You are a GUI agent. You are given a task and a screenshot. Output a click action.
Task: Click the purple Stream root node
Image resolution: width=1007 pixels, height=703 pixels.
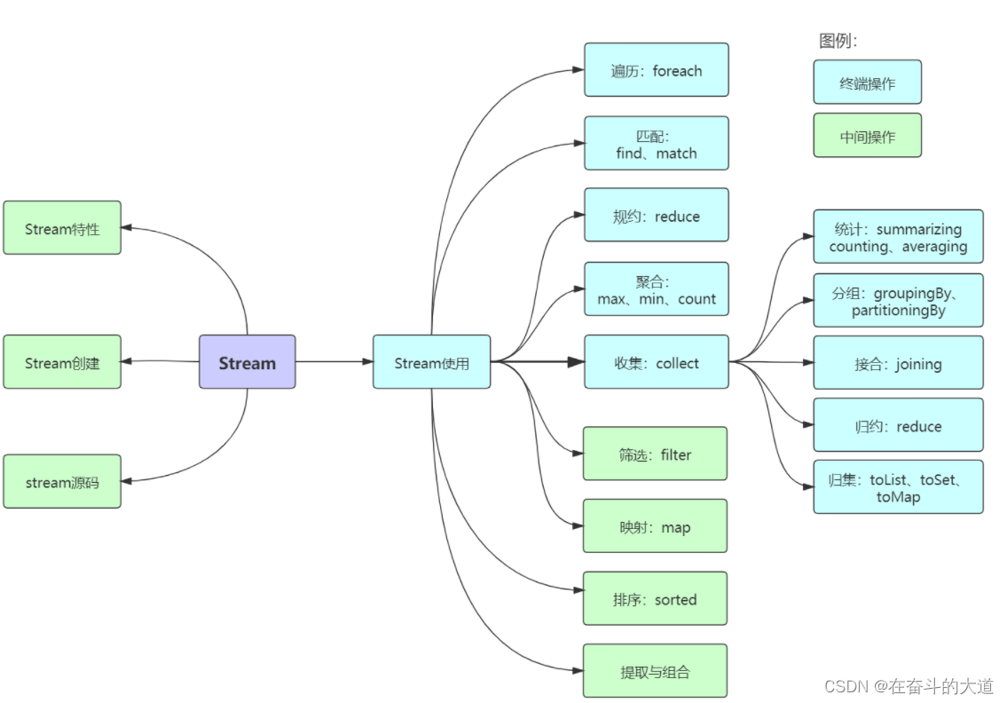tap(247, 362)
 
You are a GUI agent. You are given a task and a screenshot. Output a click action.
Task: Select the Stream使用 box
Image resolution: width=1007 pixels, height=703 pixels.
tap(431, 362)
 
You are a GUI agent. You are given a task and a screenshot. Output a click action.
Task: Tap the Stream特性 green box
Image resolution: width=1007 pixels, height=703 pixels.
tap(62, 228)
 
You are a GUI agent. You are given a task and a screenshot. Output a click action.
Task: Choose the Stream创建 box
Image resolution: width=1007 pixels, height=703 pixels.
tap(62, 362)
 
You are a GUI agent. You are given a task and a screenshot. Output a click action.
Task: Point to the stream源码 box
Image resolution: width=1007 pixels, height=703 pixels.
tap(62, 482)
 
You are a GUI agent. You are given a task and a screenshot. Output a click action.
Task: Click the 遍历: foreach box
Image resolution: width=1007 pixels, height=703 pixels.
tap(656, 70)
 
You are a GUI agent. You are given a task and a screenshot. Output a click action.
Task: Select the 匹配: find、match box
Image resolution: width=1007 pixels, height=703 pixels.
tap(656, 144)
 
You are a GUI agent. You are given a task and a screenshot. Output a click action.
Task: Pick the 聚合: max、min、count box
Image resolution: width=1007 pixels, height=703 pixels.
tap(656, 289)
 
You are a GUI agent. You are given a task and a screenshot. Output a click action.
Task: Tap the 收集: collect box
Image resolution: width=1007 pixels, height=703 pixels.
tap(656, 362)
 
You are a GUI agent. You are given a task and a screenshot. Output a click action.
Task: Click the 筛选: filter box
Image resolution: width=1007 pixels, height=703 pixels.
tap(655, 454)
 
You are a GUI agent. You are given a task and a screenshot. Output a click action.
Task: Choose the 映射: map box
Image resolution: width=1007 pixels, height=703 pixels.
tap(655, 526)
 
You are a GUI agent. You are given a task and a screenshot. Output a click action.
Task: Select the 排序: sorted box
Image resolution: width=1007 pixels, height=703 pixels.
tap(655, 599)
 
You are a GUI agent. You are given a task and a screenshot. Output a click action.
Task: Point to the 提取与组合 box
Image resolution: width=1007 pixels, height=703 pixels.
tap(655, 671)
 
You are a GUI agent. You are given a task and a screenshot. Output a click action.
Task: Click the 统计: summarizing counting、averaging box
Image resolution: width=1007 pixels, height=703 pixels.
tap(898, 237)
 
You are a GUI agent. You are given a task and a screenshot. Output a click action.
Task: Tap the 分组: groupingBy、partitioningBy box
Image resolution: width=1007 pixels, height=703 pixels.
tap(898, 301)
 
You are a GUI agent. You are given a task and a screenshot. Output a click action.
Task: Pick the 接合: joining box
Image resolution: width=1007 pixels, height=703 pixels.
tap(898, 363)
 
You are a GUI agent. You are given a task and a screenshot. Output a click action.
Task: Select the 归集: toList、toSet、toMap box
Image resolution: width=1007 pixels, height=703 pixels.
tap(898, 487)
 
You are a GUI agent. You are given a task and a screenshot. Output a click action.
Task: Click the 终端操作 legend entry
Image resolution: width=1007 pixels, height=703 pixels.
tap(867, 83)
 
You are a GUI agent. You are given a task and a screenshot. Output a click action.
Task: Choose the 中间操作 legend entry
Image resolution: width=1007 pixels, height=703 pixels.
tap(867, 136)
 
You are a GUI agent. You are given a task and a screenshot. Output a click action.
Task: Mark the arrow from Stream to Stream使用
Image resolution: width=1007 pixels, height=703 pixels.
tap(334, 362)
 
